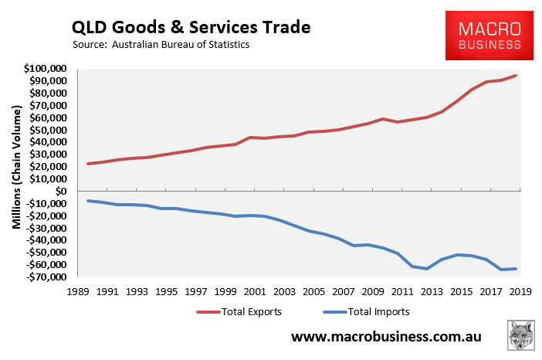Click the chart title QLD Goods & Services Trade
coord(191,27)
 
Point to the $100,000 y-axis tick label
coord(46,69)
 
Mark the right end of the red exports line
coord(516,76)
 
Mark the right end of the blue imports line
coord(516,269)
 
